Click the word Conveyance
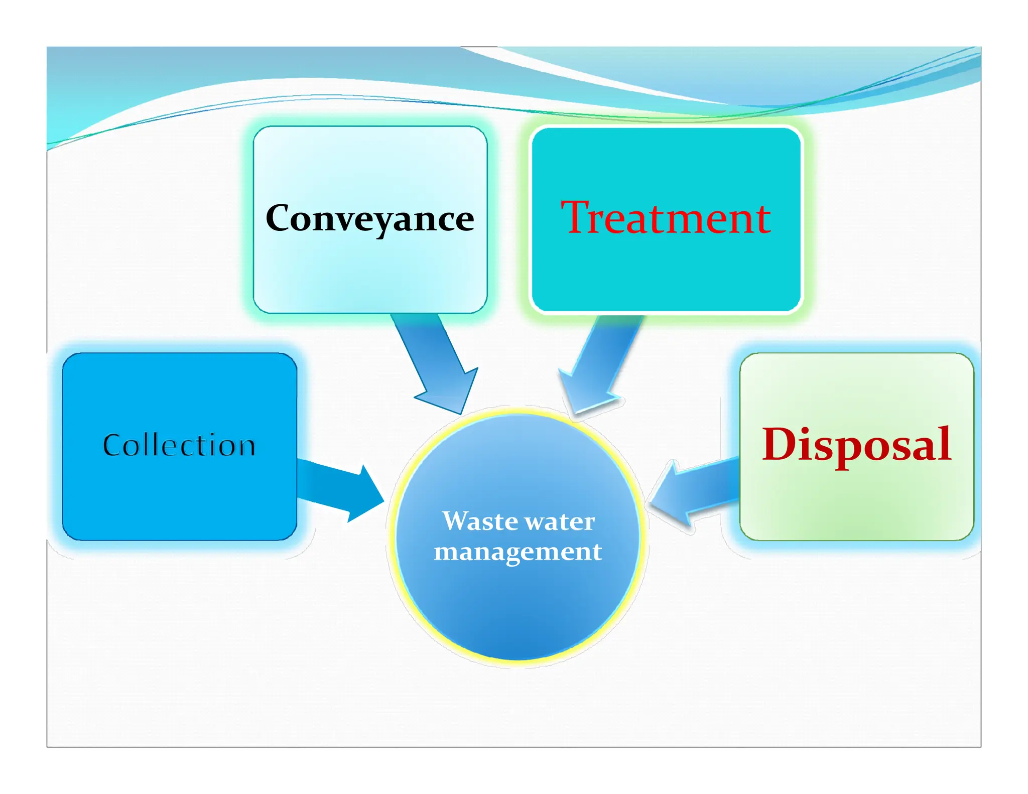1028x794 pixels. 369,219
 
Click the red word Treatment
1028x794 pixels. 666,218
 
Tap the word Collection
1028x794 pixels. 179,445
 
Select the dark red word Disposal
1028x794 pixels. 856,445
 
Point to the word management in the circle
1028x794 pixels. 518,552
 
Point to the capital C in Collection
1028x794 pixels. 113,445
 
